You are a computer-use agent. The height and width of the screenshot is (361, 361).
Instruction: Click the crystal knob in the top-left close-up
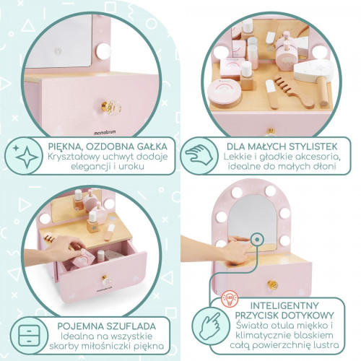111,108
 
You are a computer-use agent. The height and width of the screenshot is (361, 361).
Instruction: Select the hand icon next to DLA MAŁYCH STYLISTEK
199,155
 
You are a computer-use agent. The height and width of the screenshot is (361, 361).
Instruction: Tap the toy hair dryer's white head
313,71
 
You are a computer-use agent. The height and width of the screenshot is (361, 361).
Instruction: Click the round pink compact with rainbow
225,92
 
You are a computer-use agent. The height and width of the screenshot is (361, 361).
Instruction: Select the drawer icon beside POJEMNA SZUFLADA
29,336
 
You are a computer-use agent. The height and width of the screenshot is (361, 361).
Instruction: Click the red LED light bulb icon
230,299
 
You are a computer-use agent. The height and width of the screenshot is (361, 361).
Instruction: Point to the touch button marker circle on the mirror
257,240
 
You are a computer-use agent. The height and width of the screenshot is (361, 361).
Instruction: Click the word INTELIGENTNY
284,305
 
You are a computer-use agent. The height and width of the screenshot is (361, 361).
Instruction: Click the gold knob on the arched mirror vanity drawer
273,285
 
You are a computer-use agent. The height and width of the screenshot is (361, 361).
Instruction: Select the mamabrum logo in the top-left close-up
105,132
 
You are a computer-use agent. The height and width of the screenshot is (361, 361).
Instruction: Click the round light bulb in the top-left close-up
103,52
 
